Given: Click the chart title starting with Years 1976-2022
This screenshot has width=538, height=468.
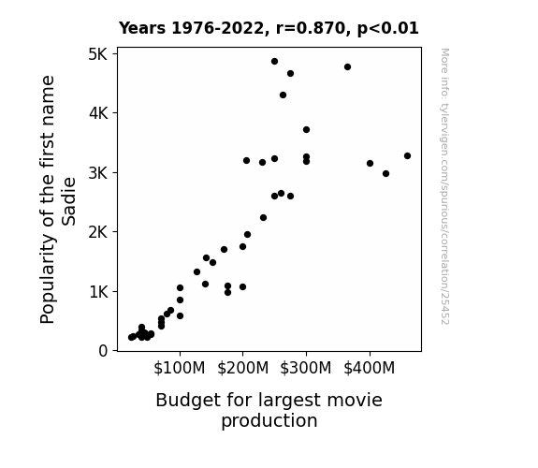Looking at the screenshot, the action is pos(269,28).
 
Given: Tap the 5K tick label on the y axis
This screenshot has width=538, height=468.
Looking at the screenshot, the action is pos(98,54).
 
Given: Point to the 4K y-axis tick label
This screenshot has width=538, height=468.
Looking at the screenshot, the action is pos(98,113).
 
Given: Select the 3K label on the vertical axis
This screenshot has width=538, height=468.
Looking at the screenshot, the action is pos(98,173).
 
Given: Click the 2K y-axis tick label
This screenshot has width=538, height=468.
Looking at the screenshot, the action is pos(98,232).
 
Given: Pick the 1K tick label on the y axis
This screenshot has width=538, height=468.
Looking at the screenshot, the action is pos(99,292).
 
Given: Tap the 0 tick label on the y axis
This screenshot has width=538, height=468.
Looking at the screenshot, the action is pos(103,351).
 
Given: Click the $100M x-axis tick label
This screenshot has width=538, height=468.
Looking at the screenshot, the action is pos(180,368).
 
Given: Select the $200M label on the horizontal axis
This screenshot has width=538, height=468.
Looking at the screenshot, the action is pos(243,368).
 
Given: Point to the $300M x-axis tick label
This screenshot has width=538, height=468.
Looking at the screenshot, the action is pos(306,368).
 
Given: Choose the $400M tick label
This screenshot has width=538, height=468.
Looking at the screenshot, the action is pos(370,368).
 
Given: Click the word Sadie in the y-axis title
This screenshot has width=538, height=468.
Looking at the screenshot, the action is pos(68,201).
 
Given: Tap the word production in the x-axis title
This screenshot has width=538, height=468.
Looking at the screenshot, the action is pos(269,421).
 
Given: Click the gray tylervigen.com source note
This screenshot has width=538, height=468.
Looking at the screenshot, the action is pos(445,186).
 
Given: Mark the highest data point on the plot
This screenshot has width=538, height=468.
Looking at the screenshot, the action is pos(274,62).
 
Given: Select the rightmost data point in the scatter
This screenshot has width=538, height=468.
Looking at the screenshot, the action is pos(407,156).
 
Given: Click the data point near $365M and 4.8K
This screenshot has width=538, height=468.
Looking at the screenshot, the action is pos(347,67).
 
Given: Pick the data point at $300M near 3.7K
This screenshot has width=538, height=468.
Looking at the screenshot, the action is pos(306,130).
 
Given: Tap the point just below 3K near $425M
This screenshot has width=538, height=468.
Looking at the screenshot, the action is pos(386,174).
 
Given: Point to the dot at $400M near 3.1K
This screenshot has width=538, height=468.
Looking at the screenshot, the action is pos(370,164).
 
